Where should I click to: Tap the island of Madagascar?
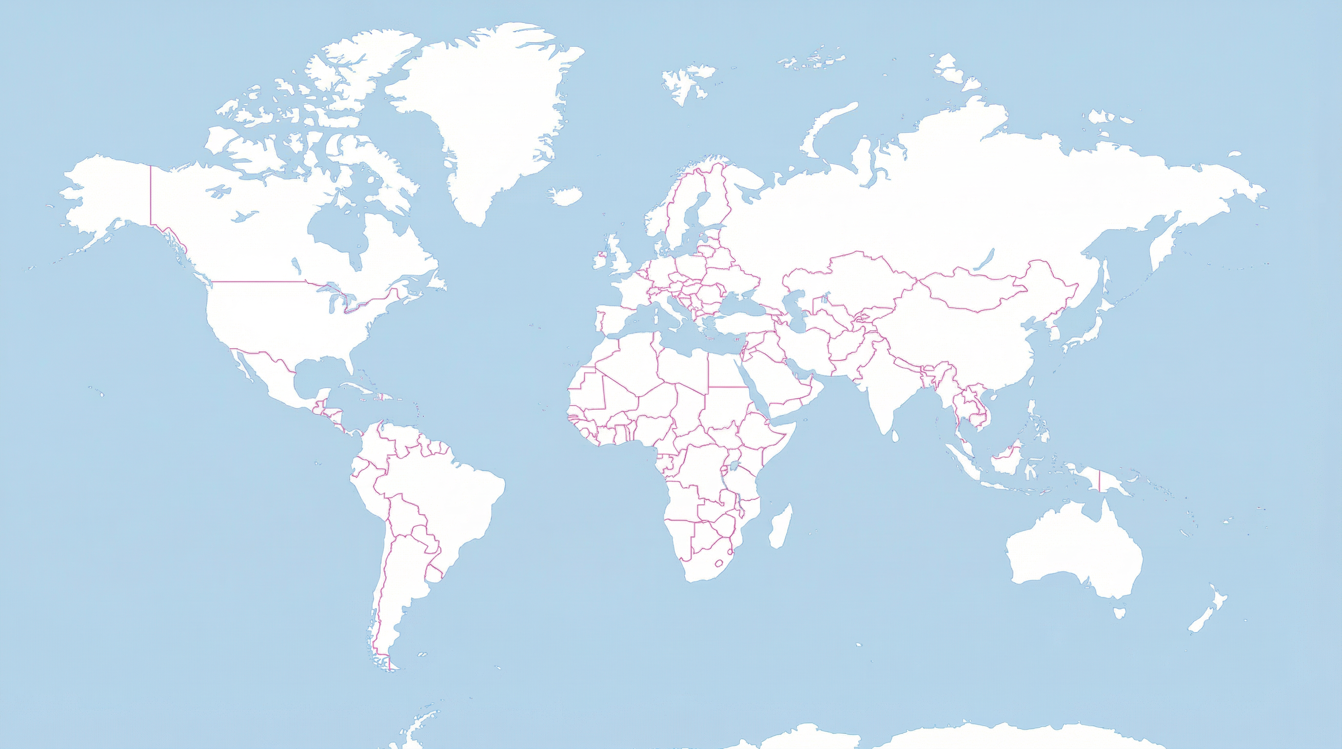[780, 526]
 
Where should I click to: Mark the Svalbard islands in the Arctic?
[685, 83]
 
